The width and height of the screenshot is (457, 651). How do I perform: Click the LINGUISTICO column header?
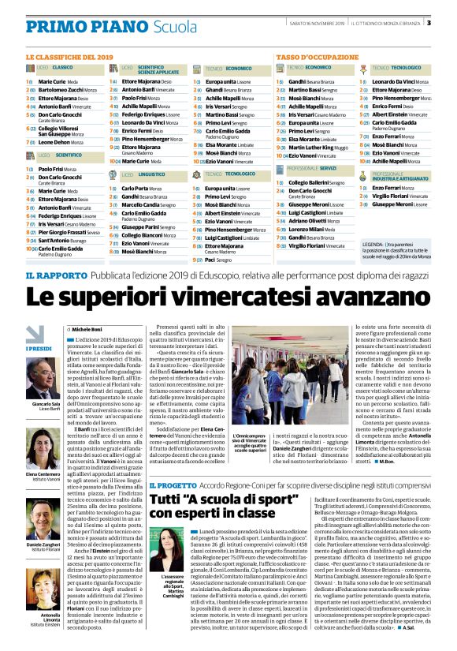coord(150,173)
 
